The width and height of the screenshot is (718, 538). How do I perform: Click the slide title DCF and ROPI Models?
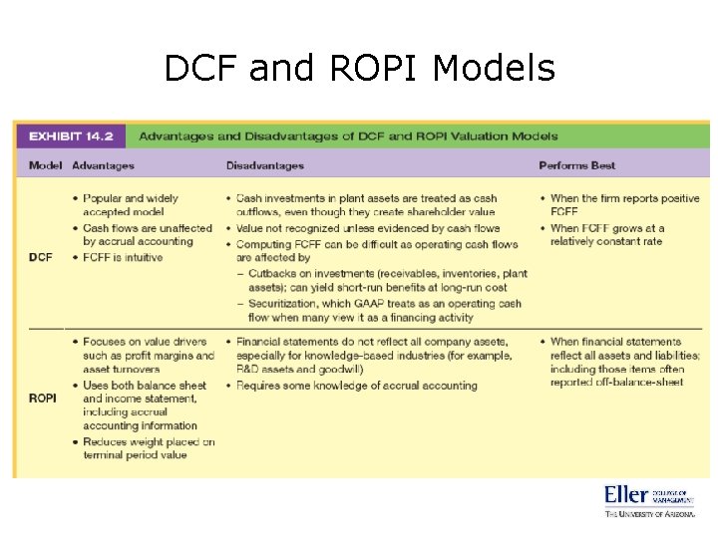pyautogui.click(x=359, y=68)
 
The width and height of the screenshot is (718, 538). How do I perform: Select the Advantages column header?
pyautogui.click(x=103, y=165)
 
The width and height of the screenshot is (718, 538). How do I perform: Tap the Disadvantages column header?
pyautogui.click(x=265, y=165)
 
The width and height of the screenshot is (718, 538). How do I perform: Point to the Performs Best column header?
pyautogui.click(x=577, y=165)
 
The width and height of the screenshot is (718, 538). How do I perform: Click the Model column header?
pyautogui.click(x=45, y=165)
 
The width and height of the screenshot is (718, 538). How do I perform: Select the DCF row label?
pyautogui.click(x=41, y=257)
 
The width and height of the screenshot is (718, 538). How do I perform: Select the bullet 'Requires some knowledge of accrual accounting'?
pyautogui.click(x=356, y=385)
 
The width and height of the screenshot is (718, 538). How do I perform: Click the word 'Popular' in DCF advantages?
pyautogui.click(x=104, y=198)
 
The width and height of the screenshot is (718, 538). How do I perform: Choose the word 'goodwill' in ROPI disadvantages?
pyautogui.click(x=340, y=369)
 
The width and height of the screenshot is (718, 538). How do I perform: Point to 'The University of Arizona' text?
pyautogui.click(x=648, y=515)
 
